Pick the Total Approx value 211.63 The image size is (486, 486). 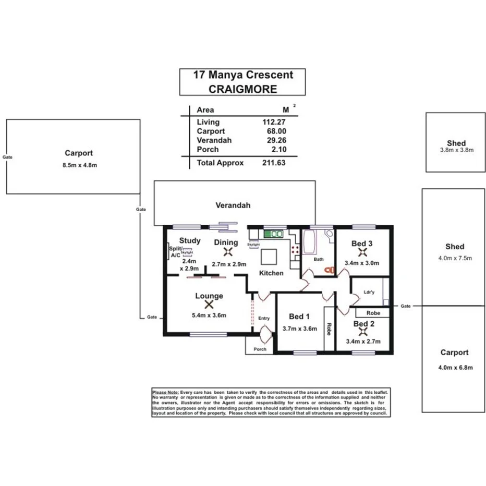(274, 163)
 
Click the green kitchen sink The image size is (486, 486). (273, 233)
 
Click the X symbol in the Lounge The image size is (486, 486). (209, 305)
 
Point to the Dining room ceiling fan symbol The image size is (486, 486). (228, 252)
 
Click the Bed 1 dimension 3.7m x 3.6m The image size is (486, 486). (300, 329)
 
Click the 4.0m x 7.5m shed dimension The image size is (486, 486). (455, 258)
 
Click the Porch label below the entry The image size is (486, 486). (260, 349)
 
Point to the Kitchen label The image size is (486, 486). (272, 273)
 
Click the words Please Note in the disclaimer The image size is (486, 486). (165, 392)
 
